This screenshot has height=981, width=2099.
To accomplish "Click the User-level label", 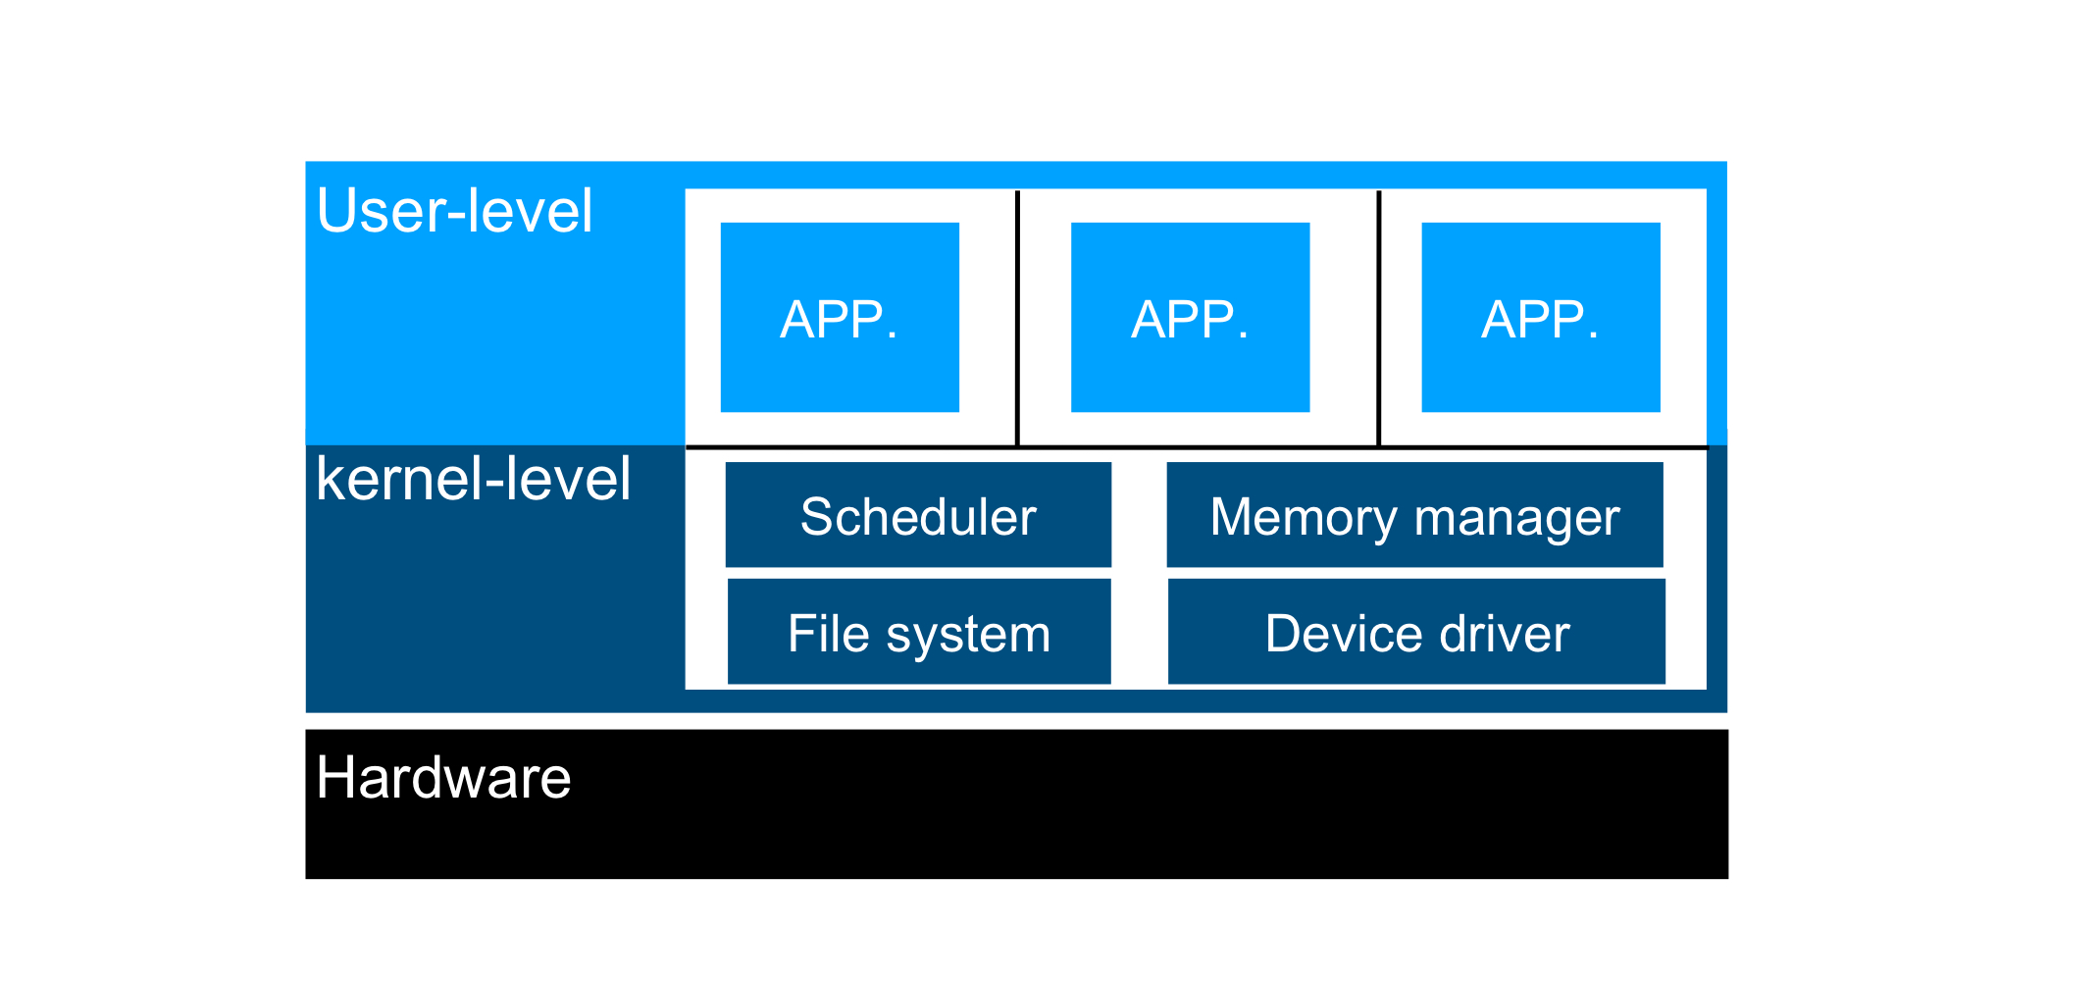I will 454,211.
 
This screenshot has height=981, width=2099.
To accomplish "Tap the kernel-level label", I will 473,480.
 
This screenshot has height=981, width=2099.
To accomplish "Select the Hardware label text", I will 443,778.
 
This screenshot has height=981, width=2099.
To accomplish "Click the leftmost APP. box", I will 840,317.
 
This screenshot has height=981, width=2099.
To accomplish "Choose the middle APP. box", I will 1190,317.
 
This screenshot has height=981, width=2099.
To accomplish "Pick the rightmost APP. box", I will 1540,317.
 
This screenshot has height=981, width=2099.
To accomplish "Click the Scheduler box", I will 918,515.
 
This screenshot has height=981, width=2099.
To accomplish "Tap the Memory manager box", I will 1414,515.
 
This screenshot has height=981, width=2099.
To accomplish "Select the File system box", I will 919,632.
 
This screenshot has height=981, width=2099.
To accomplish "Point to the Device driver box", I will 1416,632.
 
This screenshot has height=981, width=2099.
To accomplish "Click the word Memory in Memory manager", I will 1303,517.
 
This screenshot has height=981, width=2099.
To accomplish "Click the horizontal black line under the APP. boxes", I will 1197,447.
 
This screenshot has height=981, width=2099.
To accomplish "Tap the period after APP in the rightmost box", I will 1593,337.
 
